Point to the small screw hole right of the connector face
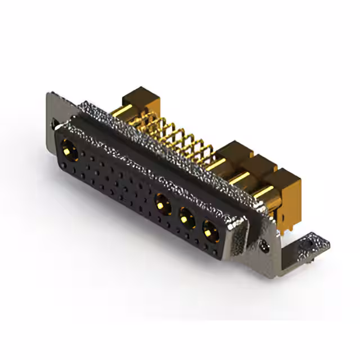(264, 245)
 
